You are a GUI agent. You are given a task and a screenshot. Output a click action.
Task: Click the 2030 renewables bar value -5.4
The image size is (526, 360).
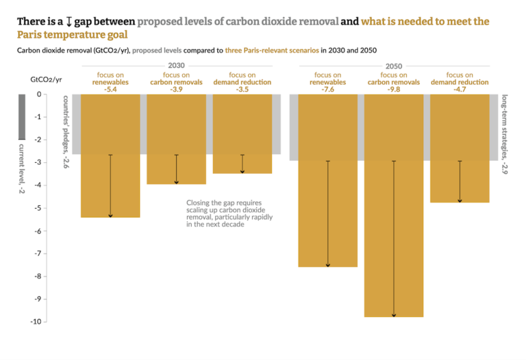point(110,90)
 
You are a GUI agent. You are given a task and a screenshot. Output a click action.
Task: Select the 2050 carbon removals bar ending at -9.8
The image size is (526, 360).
point(393,205)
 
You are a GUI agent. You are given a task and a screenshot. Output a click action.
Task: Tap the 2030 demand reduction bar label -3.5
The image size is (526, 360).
point(242,90)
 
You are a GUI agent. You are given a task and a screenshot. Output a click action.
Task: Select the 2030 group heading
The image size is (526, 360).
point(176,66)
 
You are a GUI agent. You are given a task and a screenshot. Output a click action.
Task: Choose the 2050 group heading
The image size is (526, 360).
point(394,66)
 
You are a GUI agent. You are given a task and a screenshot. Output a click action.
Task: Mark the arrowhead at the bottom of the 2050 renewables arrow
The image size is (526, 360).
point(328,265)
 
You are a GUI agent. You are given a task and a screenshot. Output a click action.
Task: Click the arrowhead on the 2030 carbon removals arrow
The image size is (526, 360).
point(177,181)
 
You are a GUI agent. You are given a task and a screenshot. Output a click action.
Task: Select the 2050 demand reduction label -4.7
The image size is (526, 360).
point(460,90)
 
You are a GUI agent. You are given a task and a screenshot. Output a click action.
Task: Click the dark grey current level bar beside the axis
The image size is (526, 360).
point(22,116)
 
